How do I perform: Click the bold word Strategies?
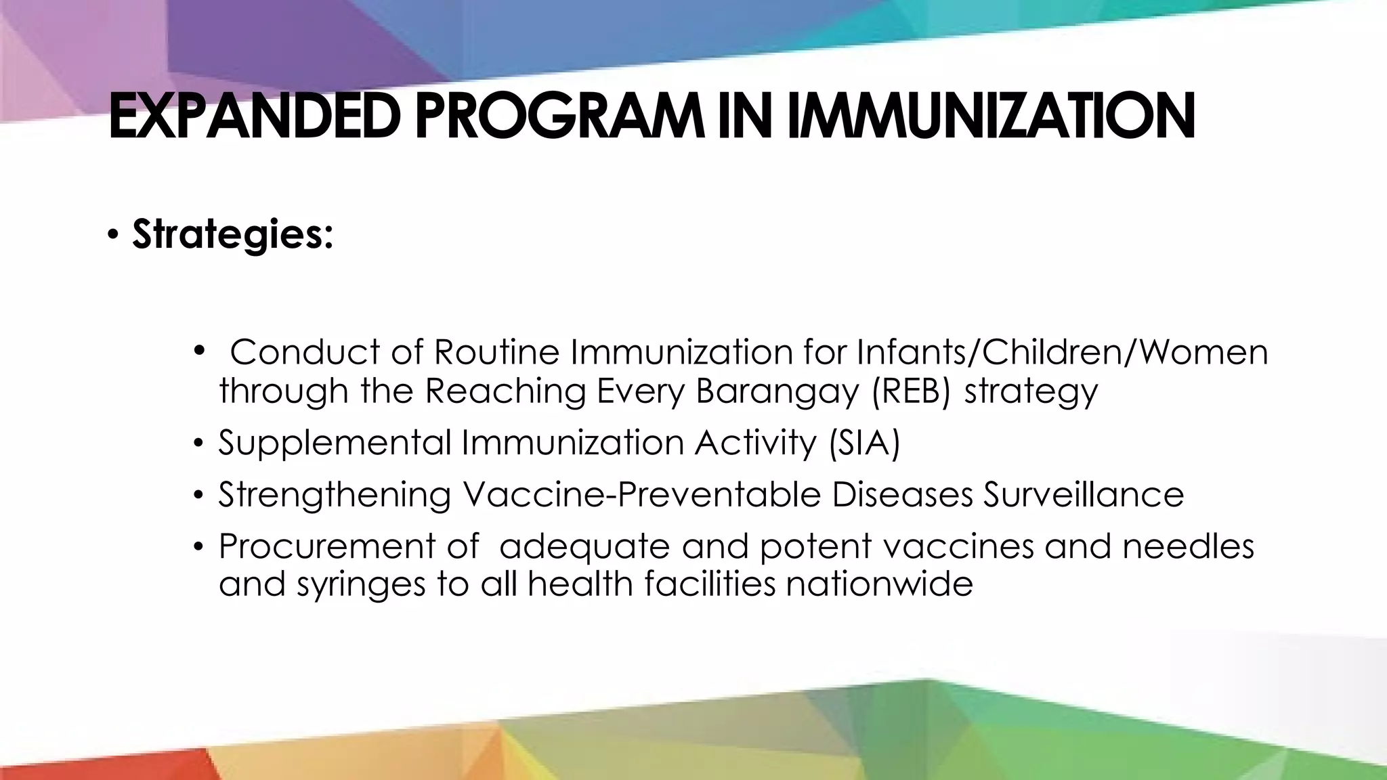[232, 235]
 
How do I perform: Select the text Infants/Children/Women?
[1062, 352]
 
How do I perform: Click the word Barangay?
[777, 391]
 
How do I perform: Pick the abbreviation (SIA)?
[863, 443]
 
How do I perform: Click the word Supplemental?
[335, 443]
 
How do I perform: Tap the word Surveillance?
[1084, 494]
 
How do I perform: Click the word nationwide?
[879, 584]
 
